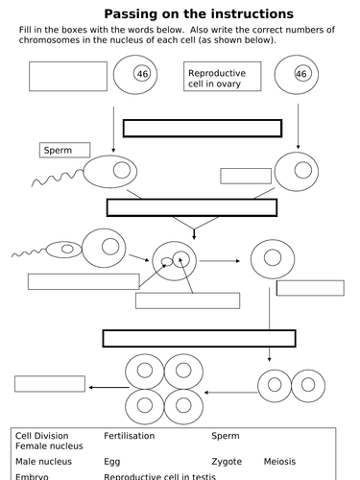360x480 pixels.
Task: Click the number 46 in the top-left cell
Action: [x=143, y=74]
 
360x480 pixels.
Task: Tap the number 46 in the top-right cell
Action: [x=300, y=74]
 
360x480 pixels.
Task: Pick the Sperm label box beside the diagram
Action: [x=65, y=150]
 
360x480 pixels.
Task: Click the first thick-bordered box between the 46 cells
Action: [x=202, y=129]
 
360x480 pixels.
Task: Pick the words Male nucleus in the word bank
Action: [x=42, y=462]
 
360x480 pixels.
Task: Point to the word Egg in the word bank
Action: [x=112, y=462]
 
